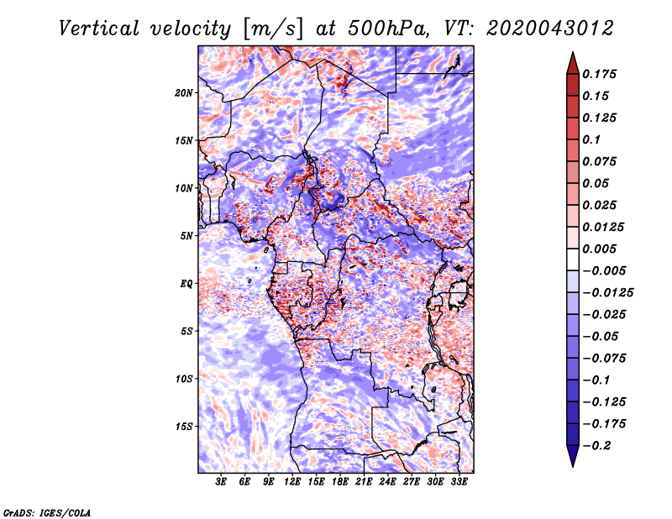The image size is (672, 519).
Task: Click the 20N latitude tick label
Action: (x=184, y=92)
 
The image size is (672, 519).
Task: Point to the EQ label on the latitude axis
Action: (x=187, y=284)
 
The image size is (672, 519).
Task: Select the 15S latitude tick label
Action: (x=184, y=427)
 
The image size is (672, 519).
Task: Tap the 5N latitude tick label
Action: (x=186, y=236)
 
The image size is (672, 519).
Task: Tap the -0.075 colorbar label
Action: (x=603, y=359)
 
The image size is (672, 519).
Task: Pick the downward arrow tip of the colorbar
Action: (x=572, y=464)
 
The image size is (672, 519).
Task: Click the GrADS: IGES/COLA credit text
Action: (x=46, y=511)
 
